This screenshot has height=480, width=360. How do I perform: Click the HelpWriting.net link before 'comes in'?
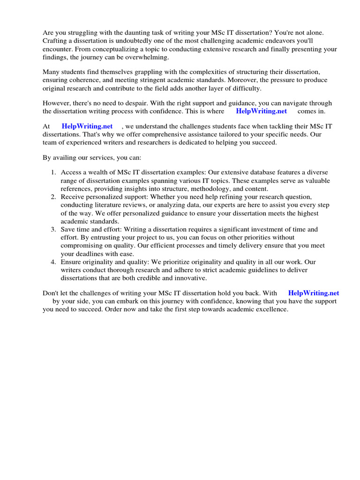tap(261, 111)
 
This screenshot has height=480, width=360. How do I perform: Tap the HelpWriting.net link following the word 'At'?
tap(87, 126)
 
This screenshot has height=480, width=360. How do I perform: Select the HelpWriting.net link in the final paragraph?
tap(314, 293)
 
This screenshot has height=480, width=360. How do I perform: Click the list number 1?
tap(53, 172)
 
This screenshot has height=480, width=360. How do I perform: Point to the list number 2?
tap(53, 196)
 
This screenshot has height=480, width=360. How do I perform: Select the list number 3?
tap(53, 229)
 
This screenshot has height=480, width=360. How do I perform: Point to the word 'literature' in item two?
tap(108, 205)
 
